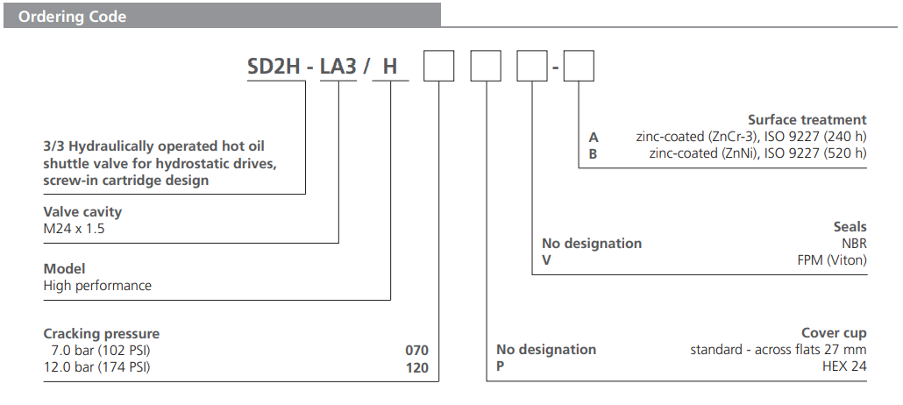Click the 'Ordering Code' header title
pyautogui.click(x=73, y=17)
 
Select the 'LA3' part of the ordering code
pyautogui.click(x=338, y=67)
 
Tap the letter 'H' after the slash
pyautogui.click(x=390, y=67)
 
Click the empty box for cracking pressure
pyautogui.click(x=439, y=67)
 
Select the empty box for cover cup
pyautogui.click(x=486, y=67)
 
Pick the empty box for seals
pyautogui.click(x=532, y=67)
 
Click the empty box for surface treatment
pyautogui.click(x=579, y=67)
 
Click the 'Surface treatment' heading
pyautogui.click(x=807, y=120)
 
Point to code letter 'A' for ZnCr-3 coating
pyautogui.click(x=594, y=137)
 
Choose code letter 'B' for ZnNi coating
pyautogui.click(x=594, y=153)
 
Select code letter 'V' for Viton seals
pyautogui.click(x=546, y=260)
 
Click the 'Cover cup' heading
pyautogui.click(x=834, y=333)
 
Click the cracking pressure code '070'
pyautogui.click(x=416, y=350)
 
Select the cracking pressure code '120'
pyautogui.click(x=416, y=367)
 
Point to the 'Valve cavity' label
pyautogui.click(x=82, y=211)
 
